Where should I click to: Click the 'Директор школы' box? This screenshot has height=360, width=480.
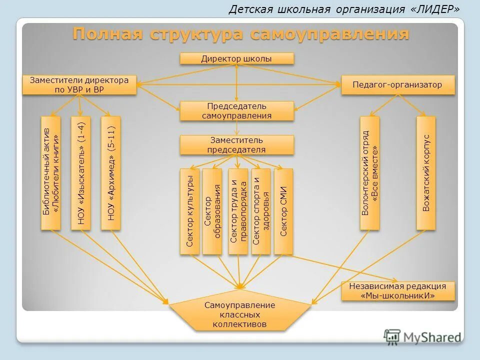click(x=236, y=58)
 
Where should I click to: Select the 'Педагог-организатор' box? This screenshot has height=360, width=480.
click(x=397, y=84)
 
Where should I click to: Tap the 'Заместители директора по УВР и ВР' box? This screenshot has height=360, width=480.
click(x=79, y=84)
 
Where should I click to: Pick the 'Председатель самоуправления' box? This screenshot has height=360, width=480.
click(x=236, y=110)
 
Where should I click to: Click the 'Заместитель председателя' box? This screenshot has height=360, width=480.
click(x=236, y=144)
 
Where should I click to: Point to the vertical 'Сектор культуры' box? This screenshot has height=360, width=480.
click(x=189, y=211)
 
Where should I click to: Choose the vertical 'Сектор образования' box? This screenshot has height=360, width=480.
click(x=212, y=211)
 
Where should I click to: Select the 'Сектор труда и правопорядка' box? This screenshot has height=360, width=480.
click(x=237, y=211)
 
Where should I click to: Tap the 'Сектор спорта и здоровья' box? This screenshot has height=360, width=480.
click(x=260, y=211)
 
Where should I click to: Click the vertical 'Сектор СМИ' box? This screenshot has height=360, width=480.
click(x=283, y=211)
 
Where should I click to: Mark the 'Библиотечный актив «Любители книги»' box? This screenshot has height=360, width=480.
click(x=50, y=173)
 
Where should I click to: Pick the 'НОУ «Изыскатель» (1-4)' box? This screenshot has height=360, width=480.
click(x=81, y=173)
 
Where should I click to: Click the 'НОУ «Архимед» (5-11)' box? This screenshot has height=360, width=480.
click(x=111, y=173)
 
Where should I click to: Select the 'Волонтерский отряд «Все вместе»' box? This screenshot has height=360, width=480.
click(x=369, y=173)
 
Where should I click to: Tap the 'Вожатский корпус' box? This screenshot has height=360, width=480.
click(x=425, y=173)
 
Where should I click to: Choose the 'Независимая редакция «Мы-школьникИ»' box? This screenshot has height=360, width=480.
click(x=398, y=290)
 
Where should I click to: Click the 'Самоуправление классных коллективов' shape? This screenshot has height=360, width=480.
click(x=239, y=314)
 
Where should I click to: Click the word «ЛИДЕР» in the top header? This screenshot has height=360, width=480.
click(x=435, y=9)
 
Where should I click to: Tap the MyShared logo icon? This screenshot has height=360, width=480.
click(x=392, y=336)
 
